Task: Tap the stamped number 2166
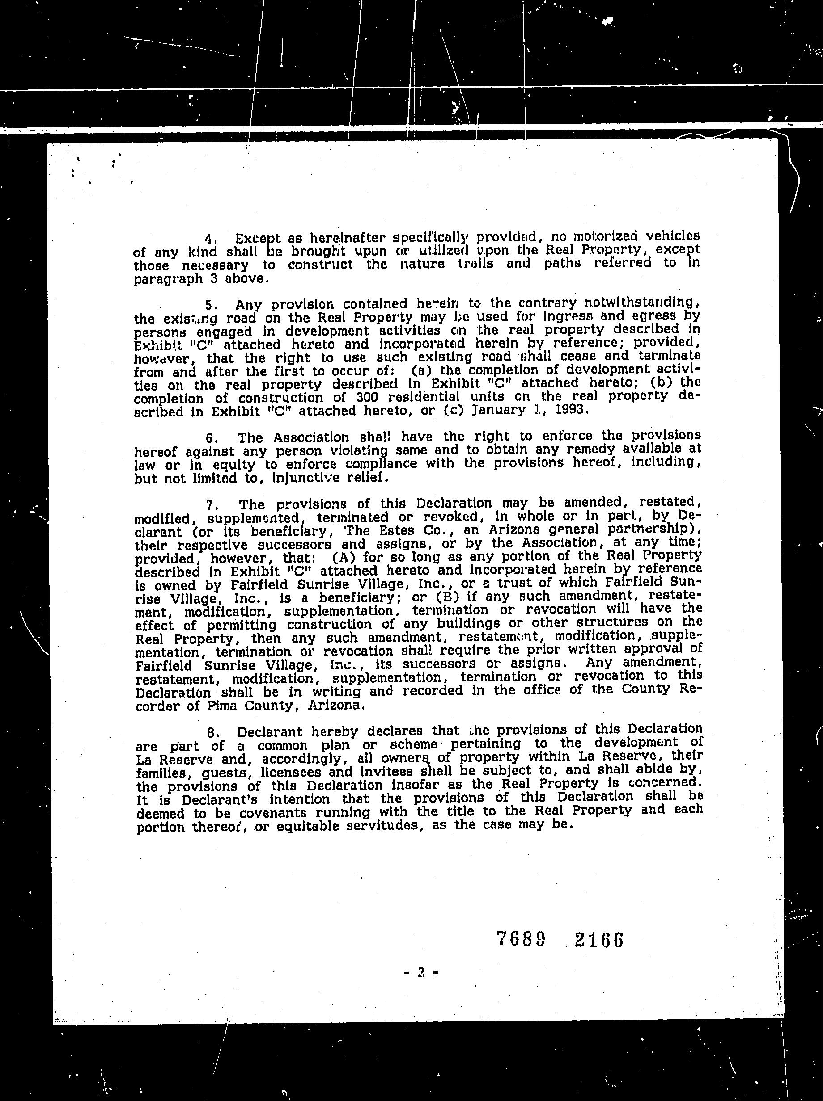pyautogui.click(x=599, y=940)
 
